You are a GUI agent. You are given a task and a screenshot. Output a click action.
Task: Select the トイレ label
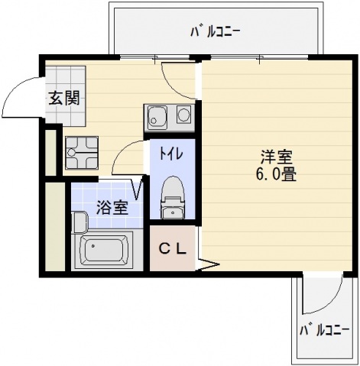(169, 153)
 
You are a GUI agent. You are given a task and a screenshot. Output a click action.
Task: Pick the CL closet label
(173, 248)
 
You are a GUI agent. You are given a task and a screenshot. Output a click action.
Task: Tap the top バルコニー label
(215, 32)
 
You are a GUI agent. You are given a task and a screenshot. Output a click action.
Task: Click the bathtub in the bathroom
(105, 251)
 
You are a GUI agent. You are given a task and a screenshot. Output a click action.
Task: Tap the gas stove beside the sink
(184, 117)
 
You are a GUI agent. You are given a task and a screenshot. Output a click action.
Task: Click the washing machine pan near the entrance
(81, 152)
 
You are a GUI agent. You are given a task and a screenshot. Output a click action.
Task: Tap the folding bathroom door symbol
(139, 188)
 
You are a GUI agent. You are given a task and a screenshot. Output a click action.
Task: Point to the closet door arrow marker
(204, 266)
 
